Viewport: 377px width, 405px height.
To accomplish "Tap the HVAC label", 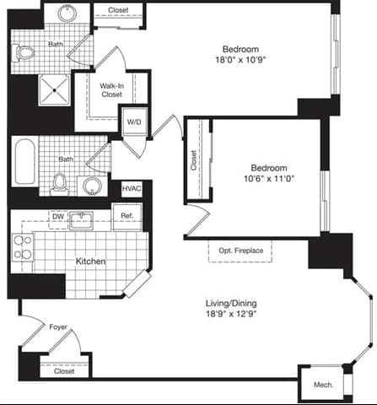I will (x=131, y=188).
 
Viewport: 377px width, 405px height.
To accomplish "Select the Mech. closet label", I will (x=324, y=385).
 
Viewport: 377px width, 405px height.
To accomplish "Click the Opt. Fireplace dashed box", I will (x=240, y=251).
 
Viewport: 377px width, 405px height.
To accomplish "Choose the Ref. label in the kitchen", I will (x=127, y=216).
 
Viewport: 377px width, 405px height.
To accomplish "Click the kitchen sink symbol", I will (x=82, y=219).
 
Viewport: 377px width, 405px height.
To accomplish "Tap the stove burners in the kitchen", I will (x=23, y=246).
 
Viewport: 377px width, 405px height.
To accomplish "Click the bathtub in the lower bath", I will (x=23, y=165).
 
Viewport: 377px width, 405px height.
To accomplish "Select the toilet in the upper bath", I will (x=25, y=52).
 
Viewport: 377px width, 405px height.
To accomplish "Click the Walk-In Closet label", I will (x=113, y=90).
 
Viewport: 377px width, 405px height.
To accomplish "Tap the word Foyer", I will (x=57, y=327).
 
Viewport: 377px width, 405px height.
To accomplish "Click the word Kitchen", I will (x=89, y=262).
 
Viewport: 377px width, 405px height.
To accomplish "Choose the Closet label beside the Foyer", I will (x=63, y=370).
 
